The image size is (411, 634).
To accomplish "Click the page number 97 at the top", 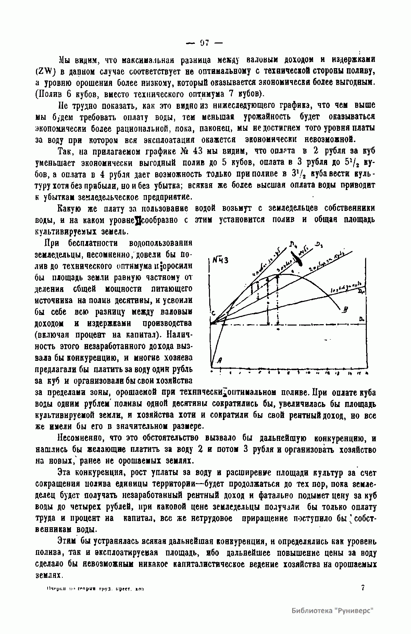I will click(x=204, y=43).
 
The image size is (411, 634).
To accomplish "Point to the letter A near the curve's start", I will click(x=220, y=360).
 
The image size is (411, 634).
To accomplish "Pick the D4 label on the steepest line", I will click(x=293, y=244).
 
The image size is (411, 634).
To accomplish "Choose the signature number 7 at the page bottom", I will click(x=363, y=588).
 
